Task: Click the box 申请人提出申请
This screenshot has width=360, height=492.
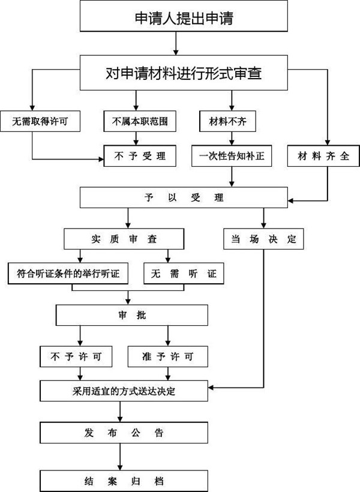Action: pyautogui.click(x=184, y=16)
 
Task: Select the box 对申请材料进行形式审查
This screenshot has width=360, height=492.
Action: pyautogui.click(x=184, y=73)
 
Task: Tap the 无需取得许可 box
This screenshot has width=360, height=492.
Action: pyautogui.click(x=40, y=121)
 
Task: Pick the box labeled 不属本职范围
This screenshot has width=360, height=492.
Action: pyautogui.click(x=140, y=121)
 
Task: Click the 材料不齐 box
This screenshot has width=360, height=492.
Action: pyautogui.click(x=227, y=121)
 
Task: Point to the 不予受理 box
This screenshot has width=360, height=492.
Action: pyautogui.click(x=140, y=155)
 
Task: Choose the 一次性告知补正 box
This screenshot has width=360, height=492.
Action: pyautogui.click(x=232, y=155)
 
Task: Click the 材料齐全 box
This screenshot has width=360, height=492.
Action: pyautogui.click(x=323, y=155)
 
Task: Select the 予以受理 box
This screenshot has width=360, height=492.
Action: pyautogui.click(x=184, y=197)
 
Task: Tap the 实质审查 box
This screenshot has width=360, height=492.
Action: pyautogui.click(x=124, y=239)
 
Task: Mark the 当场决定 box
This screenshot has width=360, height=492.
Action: pyautogui.click(x=263, y=239)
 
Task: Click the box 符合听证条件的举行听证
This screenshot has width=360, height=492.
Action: pyautogui.click(x=68, y=274)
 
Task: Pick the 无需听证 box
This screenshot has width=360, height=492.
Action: pyautogui.click(x=184, y=274)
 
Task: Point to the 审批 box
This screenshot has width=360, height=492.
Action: pyautogui.click(x=132, y=315)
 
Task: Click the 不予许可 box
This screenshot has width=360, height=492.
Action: pyautogui.click(x=76, y=356)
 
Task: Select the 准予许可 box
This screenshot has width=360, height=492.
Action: pyautogui.click(x=168, y=356)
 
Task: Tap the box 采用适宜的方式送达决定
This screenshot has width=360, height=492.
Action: pyautogui.click(x=124, y=391)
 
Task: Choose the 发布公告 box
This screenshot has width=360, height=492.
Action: pyautogui.click(x=124, y=433)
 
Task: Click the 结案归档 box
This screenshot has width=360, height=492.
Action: pyautogui.click(x=124, y=481)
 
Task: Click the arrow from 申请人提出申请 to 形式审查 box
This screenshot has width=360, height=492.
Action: pyautogui.click(x=176, y=43)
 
